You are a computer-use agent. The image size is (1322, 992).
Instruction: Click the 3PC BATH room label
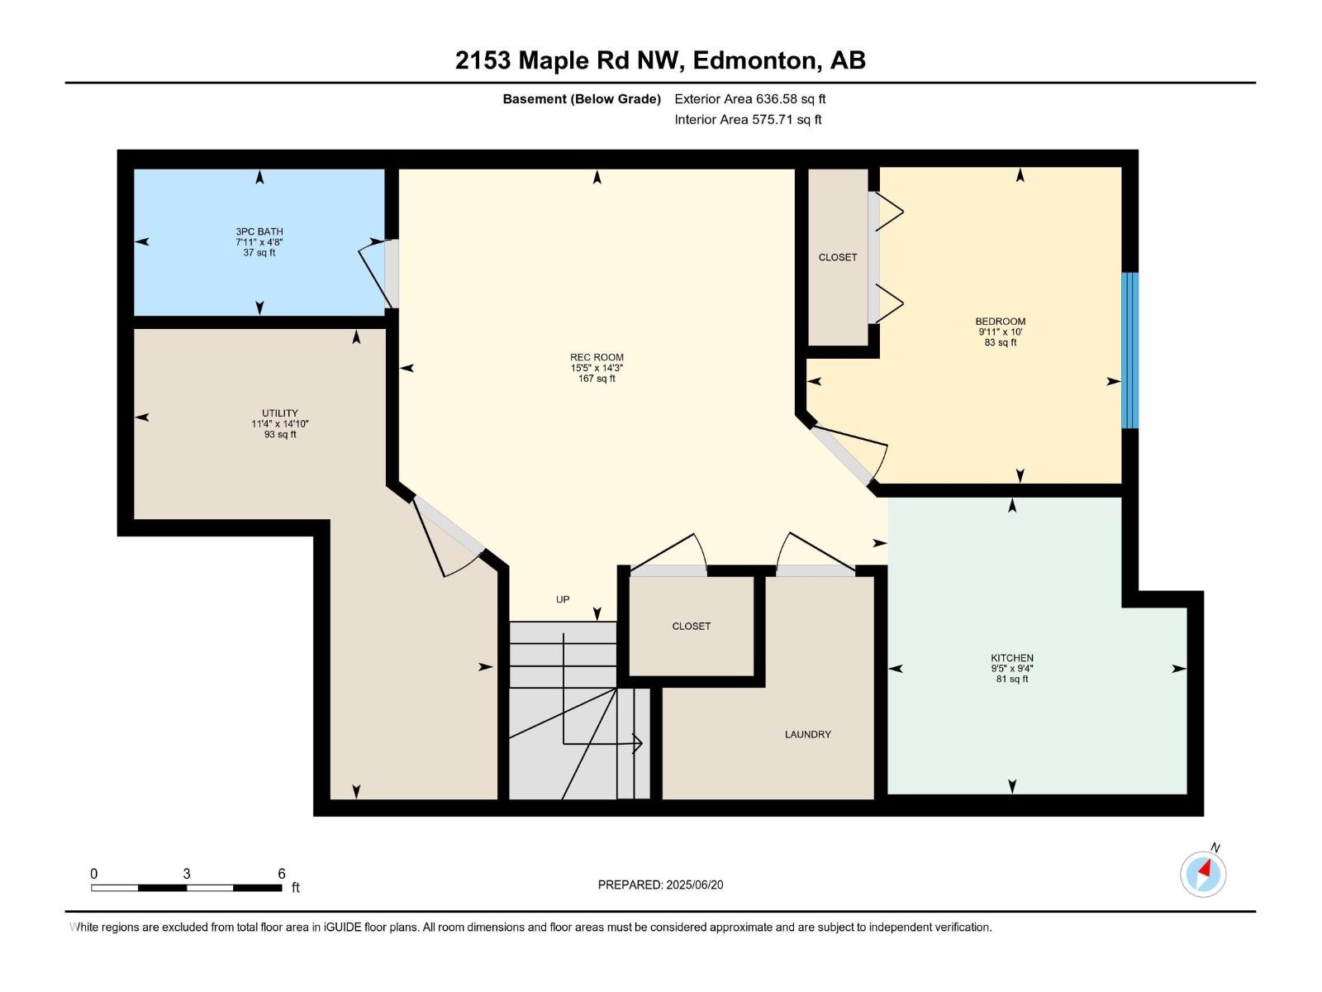[259, 231]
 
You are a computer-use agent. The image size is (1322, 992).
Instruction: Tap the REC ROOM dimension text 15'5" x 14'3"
[597, 368]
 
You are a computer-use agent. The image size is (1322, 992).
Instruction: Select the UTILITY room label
[279, 413]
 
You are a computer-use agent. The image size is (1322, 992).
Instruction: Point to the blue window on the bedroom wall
[1129, 351]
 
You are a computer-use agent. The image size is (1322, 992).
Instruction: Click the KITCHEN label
[1011, 658]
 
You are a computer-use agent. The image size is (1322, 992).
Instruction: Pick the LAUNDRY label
[807, 734]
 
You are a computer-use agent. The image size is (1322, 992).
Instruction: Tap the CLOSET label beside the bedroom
[837, 257]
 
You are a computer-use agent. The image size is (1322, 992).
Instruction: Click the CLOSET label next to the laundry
[691, 626]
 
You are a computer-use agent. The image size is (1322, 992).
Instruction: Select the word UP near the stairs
[563, 599]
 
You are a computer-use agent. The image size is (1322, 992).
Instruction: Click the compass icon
[1203, 873]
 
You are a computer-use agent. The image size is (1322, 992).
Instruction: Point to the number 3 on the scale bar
[187, 874]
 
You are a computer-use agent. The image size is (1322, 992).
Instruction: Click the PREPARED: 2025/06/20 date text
[660, 885]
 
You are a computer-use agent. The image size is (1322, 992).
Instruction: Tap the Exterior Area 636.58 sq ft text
[749, 99]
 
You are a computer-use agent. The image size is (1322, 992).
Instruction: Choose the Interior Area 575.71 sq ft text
[748, 119]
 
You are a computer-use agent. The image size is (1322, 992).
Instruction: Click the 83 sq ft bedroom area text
[1000, 342]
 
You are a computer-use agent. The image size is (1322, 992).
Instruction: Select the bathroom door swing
[376, 273]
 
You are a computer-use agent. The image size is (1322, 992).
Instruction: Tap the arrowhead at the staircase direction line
[638, 744]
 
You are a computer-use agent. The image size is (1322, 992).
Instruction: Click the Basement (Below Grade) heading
[581, 99]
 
